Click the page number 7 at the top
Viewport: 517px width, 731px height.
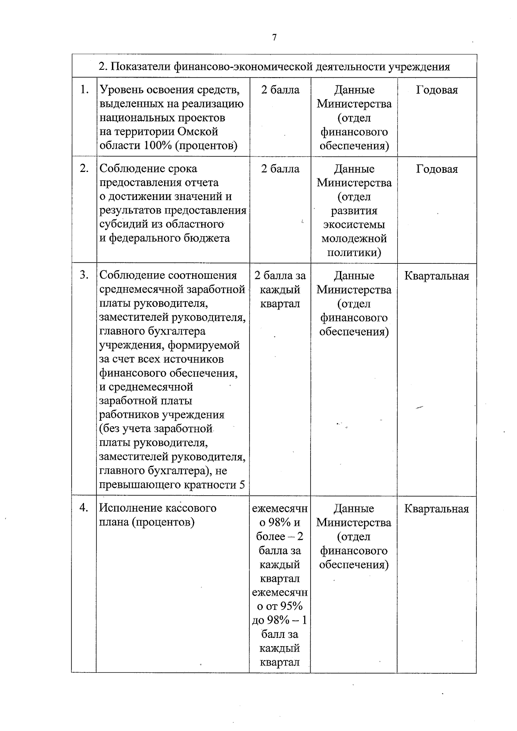274,37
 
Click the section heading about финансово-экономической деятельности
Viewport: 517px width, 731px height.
274,67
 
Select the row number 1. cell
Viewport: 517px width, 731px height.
84,90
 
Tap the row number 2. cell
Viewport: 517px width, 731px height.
84,169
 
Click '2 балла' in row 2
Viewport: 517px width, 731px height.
280,169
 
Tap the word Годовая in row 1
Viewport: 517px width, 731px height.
436,90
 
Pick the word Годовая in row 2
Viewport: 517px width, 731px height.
436,169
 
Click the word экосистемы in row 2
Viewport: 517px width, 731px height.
354,225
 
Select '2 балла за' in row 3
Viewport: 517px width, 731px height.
280,275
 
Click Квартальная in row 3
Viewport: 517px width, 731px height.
436,276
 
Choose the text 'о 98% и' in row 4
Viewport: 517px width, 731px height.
280,522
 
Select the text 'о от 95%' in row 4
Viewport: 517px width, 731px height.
280,606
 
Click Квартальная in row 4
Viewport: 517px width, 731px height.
436,509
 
